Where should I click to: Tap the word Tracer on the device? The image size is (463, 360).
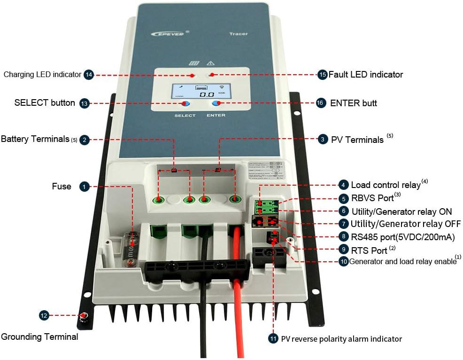pyautogui.click(x=239, y=34)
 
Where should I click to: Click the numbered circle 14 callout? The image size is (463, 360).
pyautogui.click(x=89, y=74)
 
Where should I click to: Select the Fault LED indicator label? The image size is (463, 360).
pyautogui.click(x=365, y=74)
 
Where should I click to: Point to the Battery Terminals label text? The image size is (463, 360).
pyautogui.click(x=35, y=139)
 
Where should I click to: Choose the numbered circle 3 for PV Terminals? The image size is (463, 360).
pyautogui.click(x=323, y=139)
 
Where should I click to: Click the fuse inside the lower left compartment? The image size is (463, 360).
pyautogui.click(x=133, y=244)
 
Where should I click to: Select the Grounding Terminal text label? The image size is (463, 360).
pyautogui.click(x=40, y=337)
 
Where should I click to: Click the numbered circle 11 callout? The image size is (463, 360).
pyautogui.click(x=273, y=338)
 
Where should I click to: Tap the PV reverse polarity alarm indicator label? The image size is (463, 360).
pyautogui.click(x=341, y=338)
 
